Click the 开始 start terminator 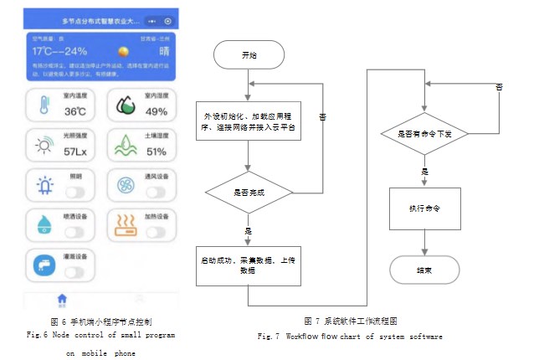tap(249, 56)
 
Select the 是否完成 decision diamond tap(249, 192)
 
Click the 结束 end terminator tap(425, 269)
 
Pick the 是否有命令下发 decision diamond tap(425, 132)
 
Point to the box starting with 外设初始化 tap(249, 118)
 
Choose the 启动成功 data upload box tap(249, 260)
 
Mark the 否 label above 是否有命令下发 tap(500, 87)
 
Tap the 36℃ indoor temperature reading tap(76, 111)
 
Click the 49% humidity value tap(157, 111)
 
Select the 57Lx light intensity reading tap(76, 152)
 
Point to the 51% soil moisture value tap(157, 152)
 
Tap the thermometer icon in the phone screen tap(42, 105)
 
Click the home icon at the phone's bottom tap(61, 298)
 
